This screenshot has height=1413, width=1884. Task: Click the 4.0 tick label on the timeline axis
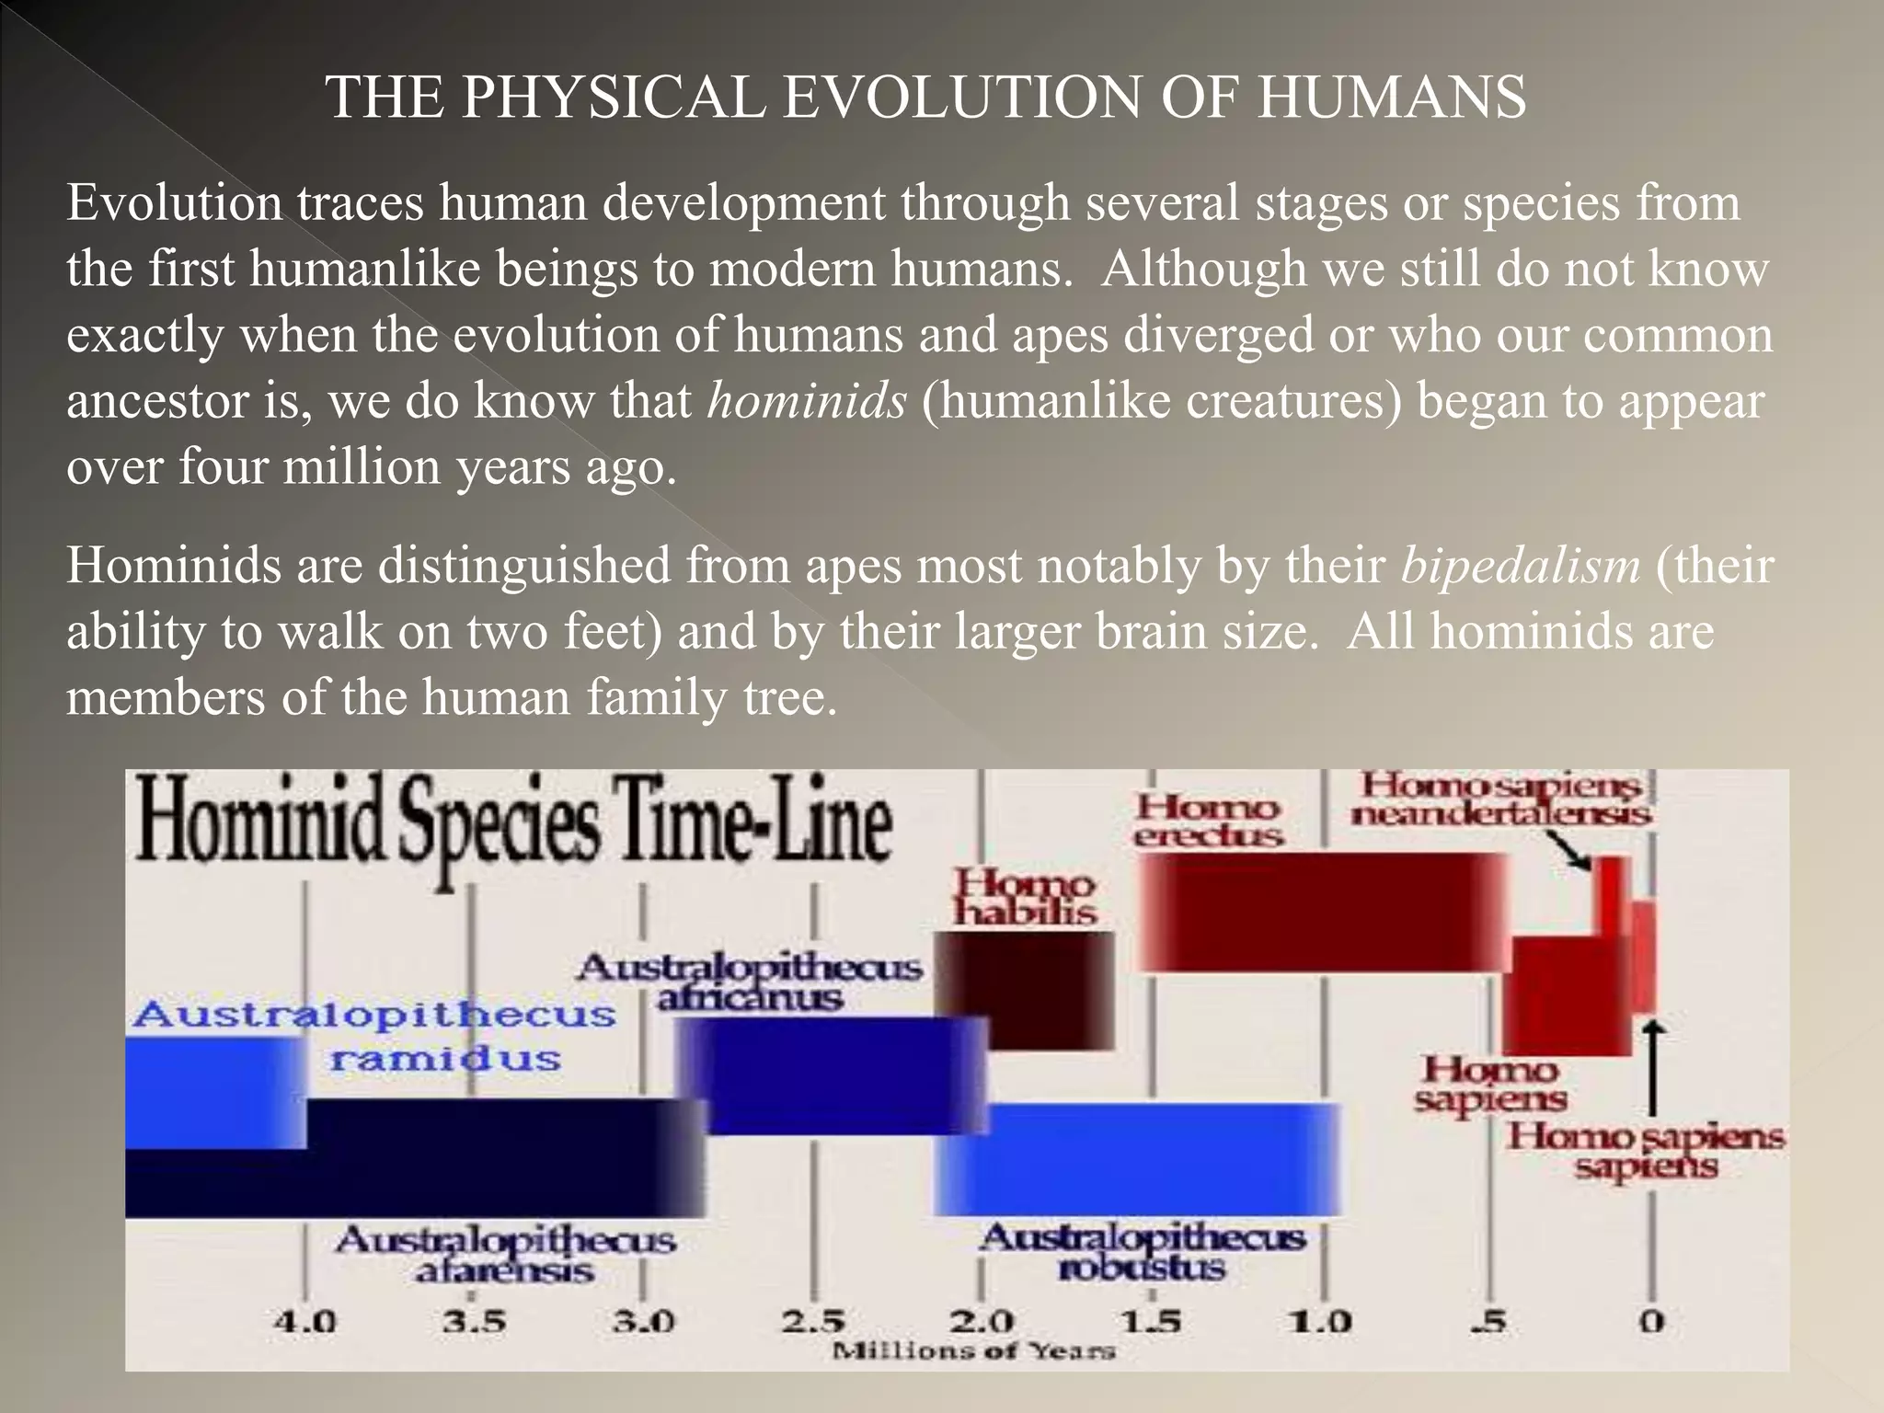305,1322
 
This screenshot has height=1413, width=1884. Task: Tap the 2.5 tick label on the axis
813,1322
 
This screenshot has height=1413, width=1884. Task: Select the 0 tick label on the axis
1652,1322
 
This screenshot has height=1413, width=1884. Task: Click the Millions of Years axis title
973,1351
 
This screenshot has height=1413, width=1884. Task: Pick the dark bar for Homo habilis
1025,990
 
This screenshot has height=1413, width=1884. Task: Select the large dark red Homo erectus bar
1321,911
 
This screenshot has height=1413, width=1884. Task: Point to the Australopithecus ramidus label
373,1036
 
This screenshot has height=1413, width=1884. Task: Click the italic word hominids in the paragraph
807,400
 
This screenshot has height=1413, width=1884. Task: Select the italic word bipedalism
1521,565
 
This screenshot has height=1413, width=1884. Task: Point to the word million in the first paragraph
362,466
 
